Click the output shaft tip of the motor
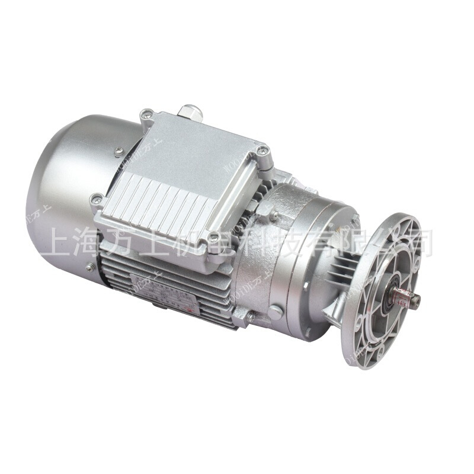point(415,301)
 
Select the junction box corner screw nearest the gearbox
point(261,152)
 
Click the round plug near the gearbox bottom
point(274,312)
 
